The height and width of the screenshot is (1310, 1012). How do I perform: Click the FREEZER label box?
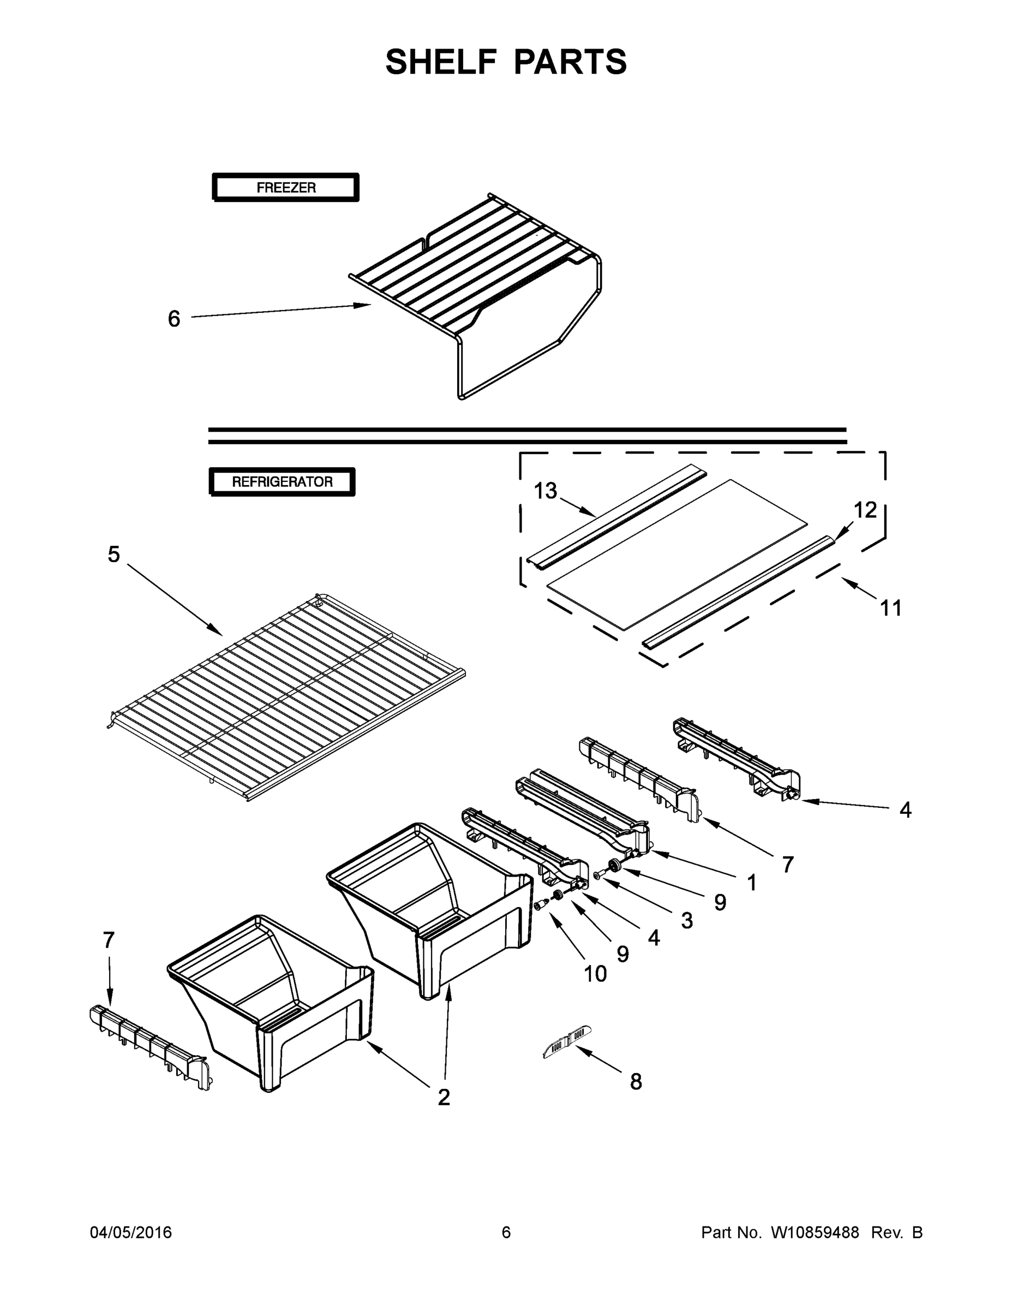click(x=286, y=188)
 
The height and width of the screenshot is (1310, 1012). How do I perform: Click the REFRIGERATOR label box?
click(x=282, y=481)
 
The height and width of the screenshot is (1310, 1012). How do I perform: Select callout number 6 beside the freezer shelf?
click(x=174, y=319)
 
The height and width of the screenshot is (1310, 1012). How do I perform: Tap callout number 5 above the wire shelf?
click(x=114, y=554)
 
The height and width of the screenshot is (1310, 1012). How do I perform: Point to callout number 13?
click(x=546, y=491)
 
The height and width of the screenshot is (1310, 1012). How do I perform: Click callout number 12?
click(x=865, y=510)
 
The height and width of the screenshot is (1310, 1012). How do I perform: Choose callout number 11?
click(x=891, y=608)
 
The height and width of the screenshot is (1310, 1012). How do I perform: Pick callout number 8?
click(x=636, y=1081)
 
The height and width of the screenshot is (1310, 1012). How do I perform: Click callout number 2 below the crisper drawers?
click(x=444, y=1097)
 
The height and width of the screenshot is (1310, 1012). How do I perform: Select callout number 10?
click(x=595, y=974)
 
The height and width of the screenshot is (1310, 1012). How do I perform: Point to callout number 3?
click(x=687, y=921)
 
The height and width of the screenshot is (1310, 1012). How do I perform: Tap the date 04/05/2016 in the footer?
click(x=131, y=1232)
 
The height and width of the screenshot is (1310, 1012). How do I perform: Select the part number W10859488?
click(x=815, y=1232)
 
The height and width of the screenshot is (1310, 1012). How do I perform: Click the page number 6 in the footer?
click(x=506, y=1232)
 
